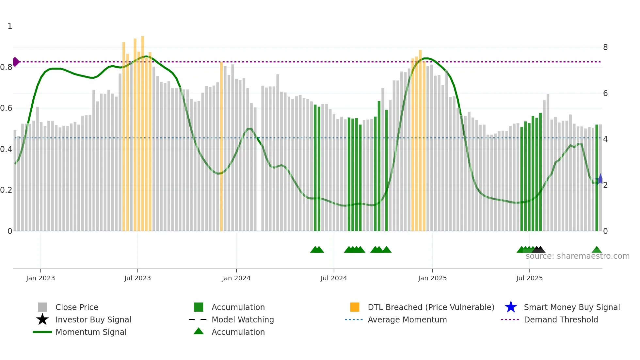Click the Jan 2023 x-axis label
[x=40, y=278]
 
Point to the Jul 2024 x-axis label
[x=333, y=278]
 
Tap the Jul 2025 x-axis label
[x=529, y=278]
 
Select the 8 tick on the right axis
[x=605, y=47]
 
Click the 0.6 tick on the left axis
[x=6, y=108]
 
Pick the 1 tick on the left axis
[x=10, y=26]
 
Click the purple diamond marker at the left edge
[x=16, y=62]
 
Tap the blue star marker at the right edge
[x=600, y=179]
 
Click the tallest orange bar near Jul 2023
[x=142, y=131]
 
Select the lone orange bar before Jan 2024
[x=221, y=147]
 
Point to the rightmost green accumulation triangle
[x=597, y=250]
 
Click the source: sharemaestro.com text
[x=577, y=256]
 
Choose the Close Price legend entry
[x=77, y=307]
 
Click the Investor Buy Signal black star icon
[x=42, y=319]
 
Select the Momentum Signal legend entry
[x=91, y=332]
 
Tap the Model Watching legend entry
[x=242, y=319]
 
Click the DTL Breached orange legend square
[x=355, y=307]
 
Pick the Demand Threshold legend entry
[x=561, y=319]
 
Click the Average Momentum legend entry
[x=407, y=319]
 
